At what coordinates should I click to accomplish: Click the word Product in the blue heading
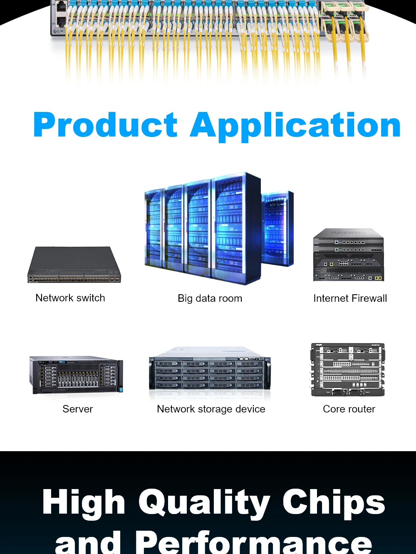(105, 125)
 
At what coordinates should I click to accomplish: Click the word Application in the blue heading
(295, 126)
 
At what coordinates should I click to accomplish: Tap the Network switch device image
(74, 265)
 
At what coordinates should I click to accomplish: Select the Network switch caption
(70, 298)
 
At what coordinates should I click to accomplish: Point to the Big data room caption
(210, 298)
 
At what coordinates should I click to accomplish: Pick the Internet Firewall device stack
(349, 255)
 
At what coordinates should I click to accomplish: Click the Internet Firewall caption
(350, 298)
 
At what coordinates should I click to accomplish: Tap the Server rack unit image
(76, 374)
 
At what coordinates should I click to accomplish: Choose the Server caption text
(78, 409)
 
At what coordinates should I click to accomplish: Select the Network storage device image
(210, 370)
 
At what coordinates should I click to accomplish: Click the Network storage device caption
(211, 409)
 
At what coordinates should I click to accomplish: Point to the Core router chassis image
(348, 370)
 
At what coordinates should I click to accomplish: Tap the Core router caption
(349, 409)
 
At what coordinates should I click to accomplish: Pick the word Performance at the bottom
(253, 543)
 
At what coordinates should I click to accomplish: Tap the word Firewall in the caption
(369, 298)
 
